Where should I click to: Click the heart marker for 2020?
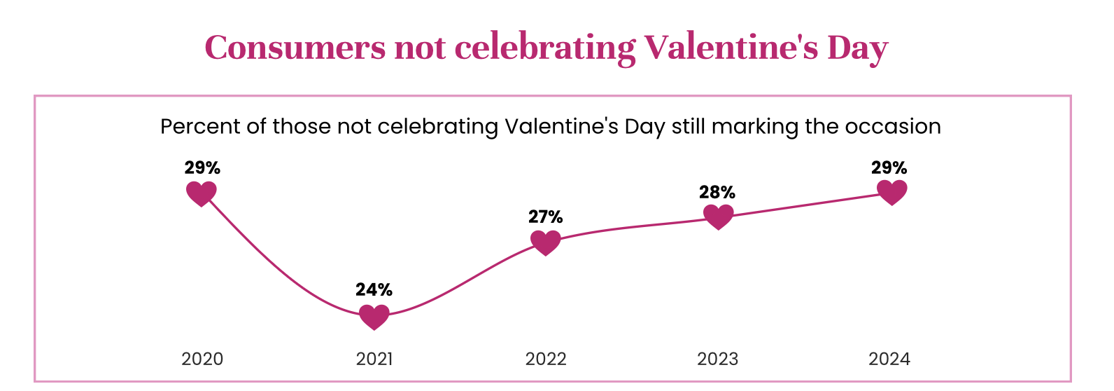[202, 193]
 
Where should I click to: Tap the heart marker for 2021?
[374, 317]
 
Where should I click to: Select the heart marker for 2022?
[546, 242]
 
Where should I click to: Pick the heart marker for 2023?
[718, 217]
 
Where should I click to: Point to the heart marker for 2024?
[891, 192]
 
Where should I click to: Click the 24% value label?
[374, 289]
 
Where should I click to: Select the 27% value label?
[546, 217]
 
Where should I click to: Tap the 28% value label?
[717, 192]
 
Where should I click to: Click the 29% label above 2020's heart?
[202, 167]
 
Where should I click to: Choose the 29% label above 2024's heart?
[889, 167]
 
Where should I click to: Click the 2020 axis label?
[202, 359]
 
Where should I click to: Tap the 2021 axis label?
[374, 359]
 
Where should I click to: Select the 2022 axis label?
[546, 359]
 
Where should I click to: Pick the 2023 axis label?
[718, 359]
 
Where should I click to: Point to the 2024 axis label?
[889, 359]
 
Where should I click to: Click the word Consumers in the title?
[295, 48]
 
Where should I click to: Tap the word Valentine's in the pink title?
[731, 48]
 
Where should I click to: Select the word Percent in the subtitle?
[198, 127]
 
